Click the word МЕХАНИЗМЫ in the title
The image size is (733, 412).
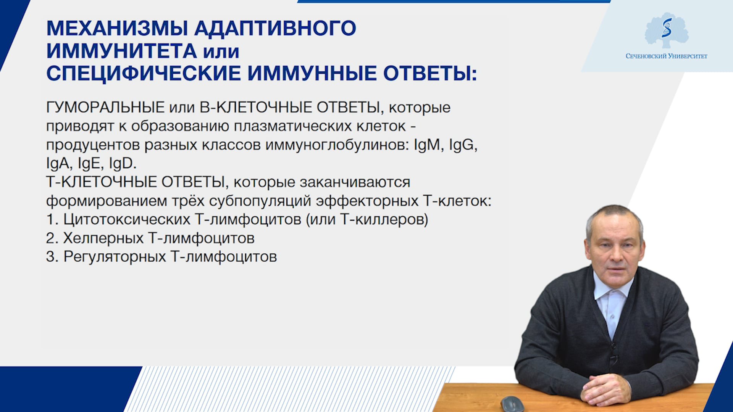[117, 28]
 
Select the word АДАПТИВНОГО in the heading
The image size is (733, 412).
[275, 28]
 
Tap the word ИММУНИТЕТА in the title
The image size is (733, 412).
[122, 51]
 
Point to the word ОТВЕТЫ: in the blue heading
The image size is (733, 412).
[430, 73]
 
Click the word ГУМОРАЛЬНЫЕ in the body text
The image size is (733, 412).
[105, 108]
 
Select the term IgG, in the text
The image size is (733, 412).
[463, 145]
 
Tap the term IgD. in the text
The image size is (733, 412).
[123, 163]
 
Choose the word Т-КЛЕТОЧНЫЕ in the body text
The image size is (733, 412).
[102, 182]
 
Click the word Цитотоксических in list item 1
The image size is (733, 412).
[127, 219]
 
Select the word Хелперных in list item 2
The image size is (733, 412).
[103, 238]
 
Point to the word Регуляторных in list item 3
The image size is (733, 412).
[115, 257]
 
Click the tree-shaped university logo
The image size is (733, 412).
[667, 31]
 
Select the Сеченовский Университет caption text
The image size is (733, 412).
[667, 56]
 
